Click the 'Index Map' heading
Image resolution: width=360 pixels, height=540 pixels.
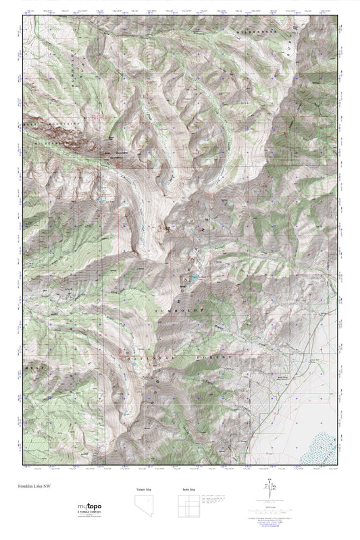(188, 489)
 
